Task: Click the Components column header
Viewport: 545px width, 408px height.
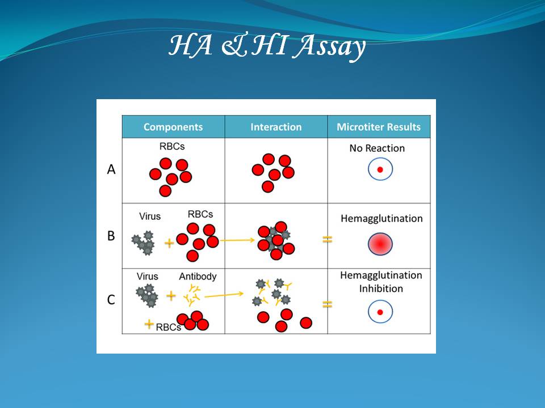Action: click(x=173, y=127)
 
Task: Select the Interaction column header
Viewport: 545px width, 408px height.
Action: click(x=276, y=127)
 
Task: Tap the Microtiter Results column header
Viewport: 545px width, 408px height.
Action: click(x=379, y=127)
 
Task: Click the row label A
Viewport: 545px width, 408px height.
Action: click(x=111, y=169)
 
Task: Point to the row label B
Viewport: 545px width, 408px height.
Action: click(x=111, y=236)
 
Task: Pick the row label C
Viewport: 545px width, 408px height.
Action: click(x=111, y=299)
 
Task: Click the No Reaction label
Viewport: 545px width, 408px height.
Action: click(x=377, y=148)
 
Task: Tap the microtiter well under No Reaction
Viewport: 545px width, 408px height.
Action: click(x=380, y=169)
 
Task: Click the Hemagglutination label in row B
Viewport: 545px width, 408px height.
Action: click(x=381, y=219)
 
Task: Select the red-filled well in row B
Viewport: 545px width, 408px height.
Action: click(x=380, y=244)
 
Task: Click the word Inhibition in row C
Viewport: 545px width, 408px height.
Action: click(x=381, y=288)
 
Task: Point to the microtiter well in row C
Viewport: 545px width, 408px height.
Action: click(x=380, y=312)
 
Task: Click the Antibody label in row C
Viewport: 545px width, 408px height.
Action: click(x=198, y=277)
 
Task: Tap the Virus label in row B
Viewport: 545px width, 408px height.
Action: click(x=150, y=216)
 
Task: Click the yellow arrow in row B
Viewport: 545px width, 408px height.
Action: click(x=237, y=240)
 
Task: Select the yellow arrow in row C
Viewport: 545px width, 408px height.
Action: click(x=224, y=295)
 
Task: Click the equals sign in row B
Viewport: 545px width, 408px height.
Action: click(x=328, y=239)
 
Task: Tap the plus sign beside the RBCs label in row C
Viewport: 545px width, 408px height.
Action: click(x=149, y=324)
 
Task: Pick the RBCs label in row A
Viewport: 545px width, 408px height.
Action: click(x=172, y=146)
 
